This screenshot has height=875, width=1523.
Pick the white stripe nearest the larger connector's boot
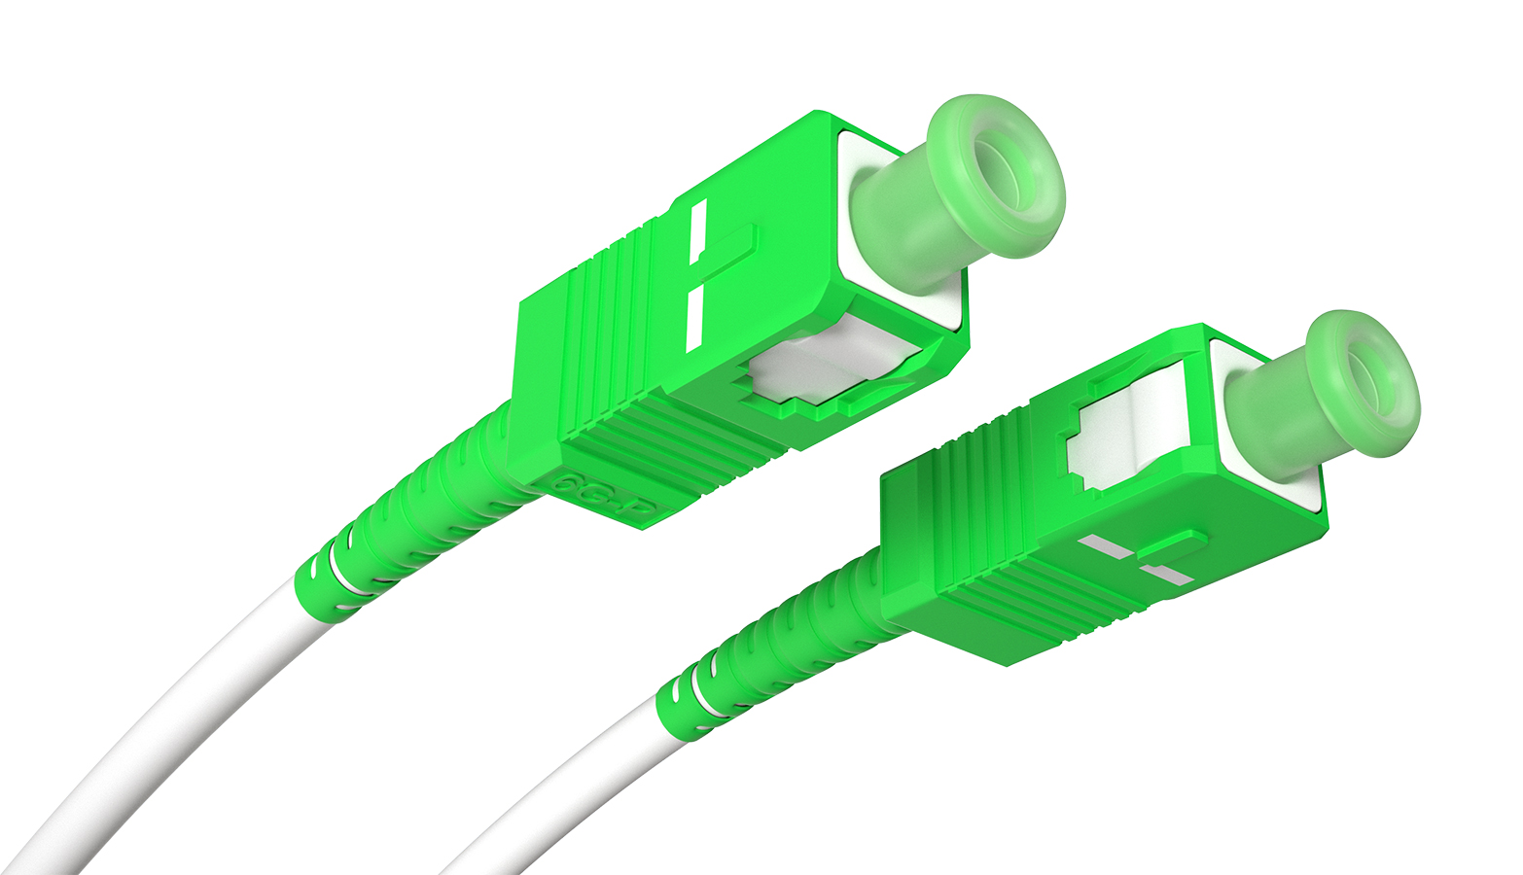[x=693, y=318]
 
